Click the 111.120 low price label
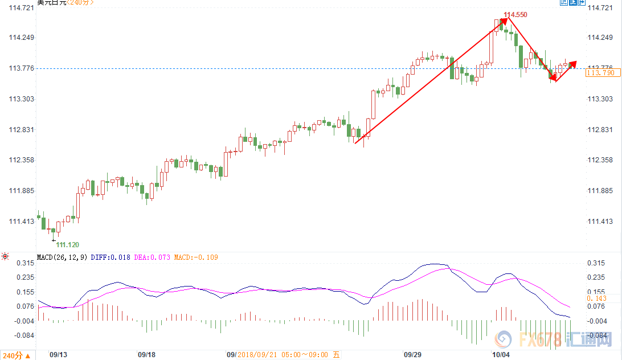(x=68, y=244)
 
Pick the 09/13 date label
(x=59, y=354)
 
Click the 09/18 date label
(x=147, y=354)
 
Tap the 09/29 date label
(x=412, y=354)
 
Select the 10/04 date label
(x=501, y=354)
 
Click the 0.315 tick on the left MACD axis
(x=24, y=263)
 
